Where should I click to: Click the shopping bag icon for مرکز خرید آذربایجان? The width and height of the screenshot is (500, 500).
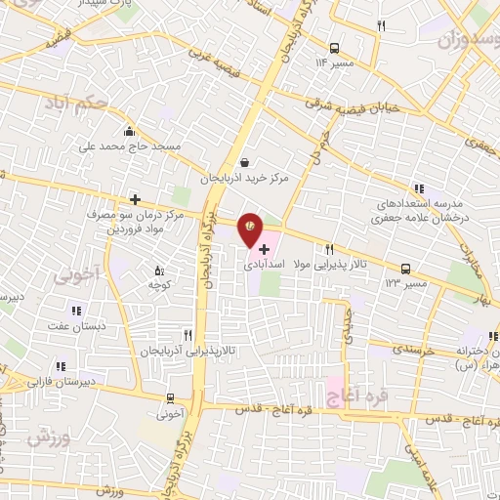click(x=243, y=163)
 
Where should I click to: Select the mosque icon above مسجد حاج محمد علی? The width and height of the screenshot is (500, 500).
click(x=129, y=132)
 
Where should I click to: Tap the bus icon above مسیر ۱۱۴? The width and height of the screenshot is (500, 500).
click(x=335, y=47)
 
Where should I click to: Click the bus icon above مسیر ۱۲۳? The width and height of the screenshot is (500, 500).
click(x=404, y=268)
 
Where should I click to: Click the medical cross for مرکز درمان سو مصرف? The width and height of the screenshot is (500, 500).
click(x=135, y=199)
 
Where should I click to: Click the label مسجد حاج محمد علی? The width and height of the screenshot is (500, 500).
click(x=129, y=146)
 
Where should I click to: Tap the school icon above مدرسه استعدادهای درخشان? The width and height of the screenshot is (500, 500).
click(x=419, y=188)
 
